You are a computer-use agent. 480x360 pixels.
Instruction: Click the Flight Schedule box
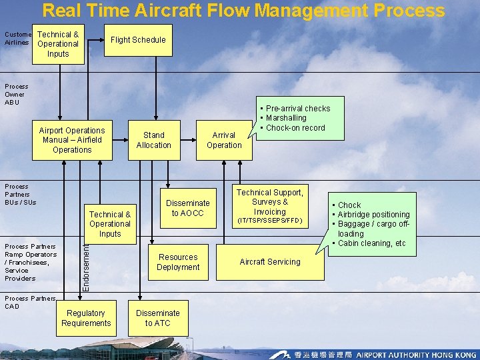click(x=138, y=40)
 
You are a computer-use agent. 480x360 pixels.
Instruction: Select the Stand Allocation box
click(x=153, y=140)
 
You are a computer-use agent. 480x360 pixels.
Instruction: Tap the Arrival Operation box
click(x=224, y=140)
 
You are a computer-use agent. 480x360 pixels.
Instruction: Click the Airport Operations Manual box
click(x=72, y=140)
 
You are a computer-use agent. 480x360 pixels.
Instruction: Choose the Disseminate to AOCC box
click(x=187, y=208)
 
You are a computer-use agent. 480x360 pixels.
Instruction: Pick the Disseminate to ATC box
click(x=157, y=318)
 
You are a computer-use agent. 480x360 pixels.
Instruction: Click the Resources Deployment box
click(x=178, y=262)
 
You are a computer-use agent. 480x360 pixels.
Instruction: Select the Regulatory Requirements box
click(x=86, y=318)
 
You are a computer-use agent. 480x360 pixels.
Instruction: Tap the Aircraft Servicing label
click(x=270, y=262)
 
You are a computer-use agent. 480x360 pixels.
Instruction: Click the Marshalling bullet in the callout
click(x=286, y=118)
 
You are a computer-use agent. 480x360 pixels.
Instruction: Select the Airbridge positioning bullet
click(x=373, y=215)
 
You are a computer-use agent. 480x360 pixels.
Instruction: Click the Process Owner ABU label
click(x=16, y=94)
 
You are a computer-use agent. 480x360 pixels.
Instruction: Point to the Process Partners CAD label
click(x=29, y=302)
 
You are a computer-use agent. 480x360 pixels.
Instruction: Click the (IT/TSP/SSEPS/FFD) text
click(x=269, y=221)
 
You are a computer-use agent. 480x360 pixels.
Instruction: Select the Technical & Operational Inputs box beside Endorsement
click(x=110, y=224)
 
